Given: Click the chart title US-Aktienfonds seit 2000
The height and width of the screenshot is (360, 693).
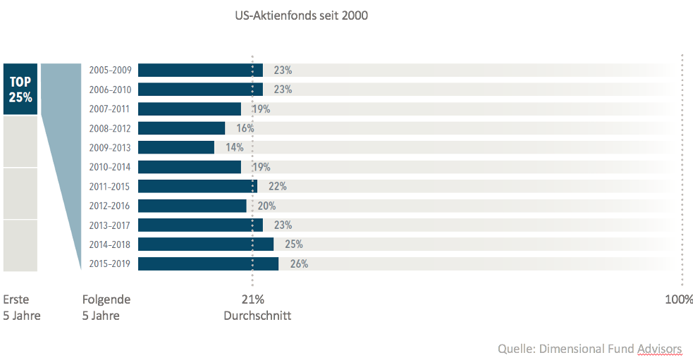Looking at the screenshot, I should (x=301, y=15).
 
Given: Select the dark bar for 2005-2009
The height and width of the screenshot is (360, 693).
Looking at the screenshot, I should (x=200, y=70).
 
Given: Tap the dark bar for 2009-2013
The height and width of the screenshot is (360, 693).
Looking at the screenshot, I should (x=176, y=147).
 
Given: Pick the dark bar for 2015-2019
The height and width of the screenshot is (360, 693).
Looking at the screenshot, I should (x=208, y=263).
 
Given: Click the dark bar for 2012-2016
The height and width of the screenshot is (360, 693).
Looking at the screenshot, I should (x=192, y=206).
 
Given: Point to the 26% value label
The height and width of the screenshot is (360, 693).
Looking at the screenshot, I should (x=299, y=264).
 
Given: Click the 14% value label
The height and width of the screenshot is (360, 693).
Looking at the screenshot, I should (x=234, y=147).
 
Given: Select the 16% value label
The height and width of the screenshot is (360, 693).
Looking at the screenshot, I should (x=245, y=128).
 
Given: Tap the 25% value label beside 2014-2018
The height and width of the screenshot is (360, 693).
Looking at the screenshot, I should (x=294, y=244).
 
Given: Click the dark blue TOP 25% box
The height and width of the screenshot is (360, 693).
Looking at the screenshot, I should (x=20, y=89).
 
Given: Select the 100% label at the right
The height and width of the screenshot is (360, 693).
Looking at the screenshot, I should (x=679, y=299).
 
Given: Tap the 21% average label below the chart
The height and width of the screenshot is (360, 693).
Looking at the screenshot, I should (x=252, y=299).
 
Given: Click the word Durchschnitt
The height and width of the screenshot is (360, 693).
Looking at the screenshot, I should (x=257, y=316).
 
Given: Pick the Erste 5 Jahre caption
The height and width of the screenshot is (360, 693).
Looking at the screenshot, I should (x=22, y=307).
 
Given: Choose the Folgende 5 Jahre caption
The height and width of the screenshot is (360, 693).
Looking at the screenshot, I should (x=106, y=307).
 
